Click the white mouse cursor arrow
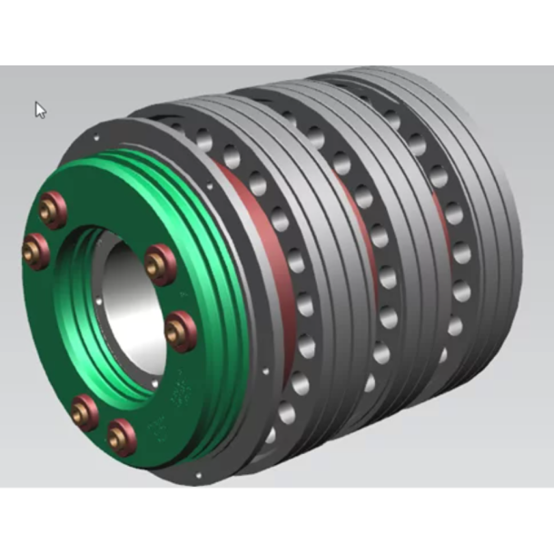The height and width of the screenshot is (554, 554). pyautogui.click(x=40, y=110)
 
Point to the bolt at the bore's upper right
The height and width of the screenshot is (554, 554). pyautogui.click(x=160, y=263)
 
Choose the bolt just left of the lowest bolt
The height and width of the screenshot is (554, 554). pyautogui.click(x=84, y=412)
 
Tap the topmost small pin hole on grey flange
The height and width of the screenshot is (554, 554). pyautogui.click(x=96, y=138)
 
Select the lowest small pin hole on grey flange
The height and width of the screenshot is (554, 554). pyautogui.click(x=196, y=474)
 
